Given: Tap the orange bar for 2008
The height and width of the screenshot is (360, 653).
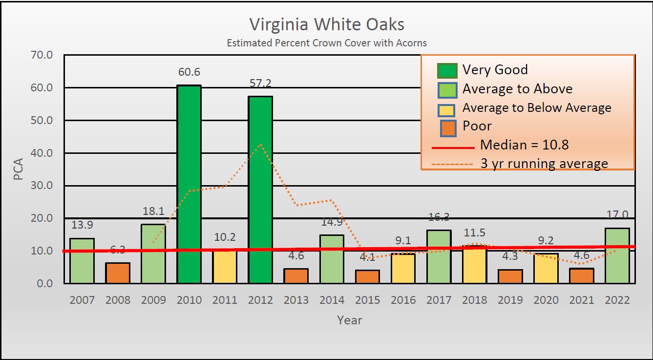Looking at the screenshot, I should point(118,273).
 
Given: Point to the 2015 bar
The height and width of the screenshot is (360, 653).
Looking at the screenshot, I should point(367,276).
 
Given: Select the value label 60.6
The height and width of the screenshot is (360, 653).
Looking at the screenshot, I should point(189,72).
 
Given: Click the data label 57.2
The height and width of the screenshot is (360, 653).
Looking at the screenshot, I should point(260,84).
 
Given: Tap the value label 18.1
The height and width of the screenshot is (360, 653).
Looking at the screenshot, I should point(153,212).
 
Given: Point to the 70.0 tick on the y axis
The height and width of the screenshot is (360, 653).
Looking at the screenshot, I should point(42,55).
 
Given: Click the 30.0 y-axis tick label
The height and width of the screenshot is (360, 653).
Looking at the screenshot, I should point(42,186).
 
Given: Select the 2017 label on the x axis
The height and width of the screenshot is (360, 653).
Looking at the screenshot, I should point(439,300).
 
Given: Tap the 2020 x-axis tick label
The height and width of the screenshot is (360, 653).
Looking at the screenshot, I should point(546,300).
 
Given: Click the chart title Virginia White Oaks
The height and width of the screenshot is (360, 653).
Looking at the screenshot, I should point(327,24).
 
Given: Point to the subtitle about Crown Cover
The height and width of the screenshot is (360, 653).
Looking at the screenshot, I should point(327,43).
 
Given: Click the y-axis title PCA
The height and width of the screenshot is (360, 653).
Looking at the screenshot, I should point(19,169).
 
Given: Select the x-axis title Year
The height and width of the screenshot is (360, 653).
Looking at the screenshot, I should point(350,320).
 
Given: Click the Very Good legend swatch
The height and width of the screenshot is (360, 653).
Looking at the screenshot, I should point(447,71).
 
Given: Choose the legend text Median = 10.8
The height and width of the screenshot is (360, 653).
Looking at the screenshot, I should point(524,145).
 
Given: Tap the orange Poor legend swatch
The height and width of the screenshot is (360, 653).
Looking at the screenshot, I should point(447,127).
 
